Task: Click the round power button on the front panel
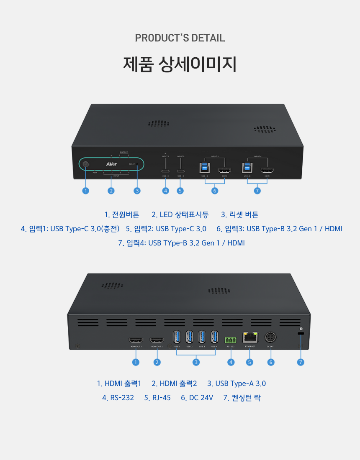(x=86, y=164)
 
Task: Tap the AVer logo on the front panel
(x=111, y=164)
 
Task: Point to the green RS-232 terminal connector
(x=231, y=339)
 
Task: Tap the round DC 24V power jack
(x=270, y=337)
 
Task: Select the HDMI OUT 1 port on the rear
(x=136, y=340)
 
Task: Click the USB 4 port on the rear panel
(x=214, y=337)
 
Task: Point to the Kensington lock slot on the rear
(x=301, y=333)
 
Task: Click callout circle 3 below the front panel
(x=137, y=191)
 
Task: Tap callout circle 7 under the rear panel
(x=301, y=362)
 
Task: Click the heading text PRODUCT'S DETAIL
(x=180, y=38)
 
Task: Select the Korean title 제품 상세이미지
(x=180, y=64)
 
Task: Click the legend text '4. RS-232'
(x=118, y=398)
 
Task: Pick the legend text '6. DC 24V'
(x=197, y=398)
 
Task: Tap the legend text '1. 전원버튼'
(x=122, y=215)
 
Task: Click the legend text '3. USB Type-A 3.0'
(x=237, y=383)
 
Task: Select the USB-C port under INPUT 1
(x=165, y=171)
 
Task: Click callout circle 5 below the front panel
(x=180, y=191)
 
